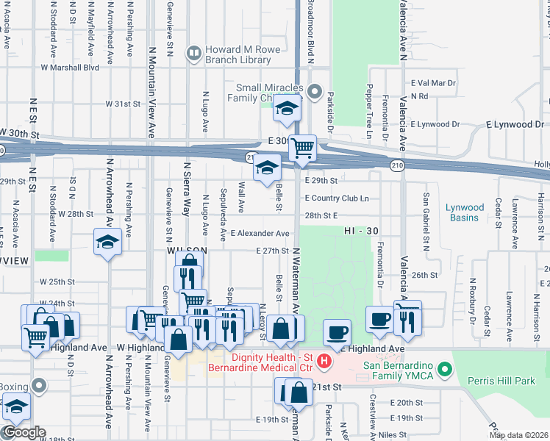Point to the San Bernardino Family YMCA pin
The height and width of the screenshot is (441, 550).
click(x=443, y=368)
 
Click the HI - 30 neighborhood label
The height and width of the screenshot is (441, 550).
click(x=360, y=230)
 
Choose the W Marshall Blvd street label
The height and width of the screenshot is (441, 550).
click(x=70, y=67)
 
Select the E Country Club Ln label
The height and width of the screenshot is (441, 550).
click(x=337, y=198)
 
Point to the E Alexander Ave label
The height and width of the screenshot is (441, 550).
click(x=260, y=233)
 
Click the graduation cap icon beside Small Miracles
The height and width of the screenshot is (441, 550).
click(x=287, y=110)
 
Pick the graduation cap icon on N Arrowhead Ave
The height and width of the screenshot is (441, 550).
click(x=107, y=242)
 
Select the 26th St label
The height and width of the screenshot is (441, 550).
click(x=425, y=275)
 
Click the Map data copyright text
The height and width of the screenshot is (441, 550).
click(x=518, y=435)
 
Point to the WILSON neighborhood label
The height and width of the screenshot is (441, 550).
click(x=185, y=251)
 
